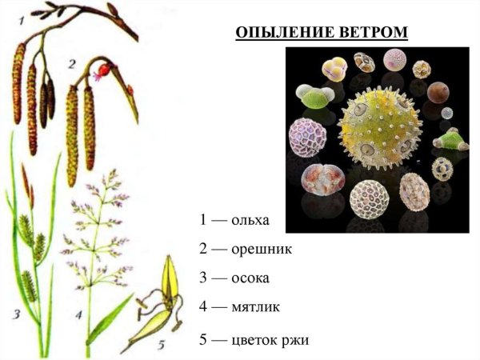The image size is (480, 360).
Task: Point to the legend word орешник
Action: (x=261, y=248)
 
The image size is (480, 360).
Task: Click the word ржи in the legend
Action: (x=293, y=339)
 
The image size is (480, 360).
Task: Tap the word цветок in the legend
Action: (x=251, y=339)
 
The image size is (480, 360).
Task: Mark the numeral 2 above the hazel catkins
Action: (x=72, y=62)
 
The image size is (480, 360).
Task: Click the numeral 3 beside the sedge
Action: (x=16, y=314)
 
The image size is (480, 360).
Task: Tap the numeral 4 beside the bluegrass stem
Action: (x=79, y=314)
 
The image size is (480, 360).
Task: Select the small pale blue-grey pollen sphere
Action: (x=446, y=113)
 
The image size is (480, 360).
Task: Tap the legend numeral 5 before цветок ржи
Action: (x=204, y=339)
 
